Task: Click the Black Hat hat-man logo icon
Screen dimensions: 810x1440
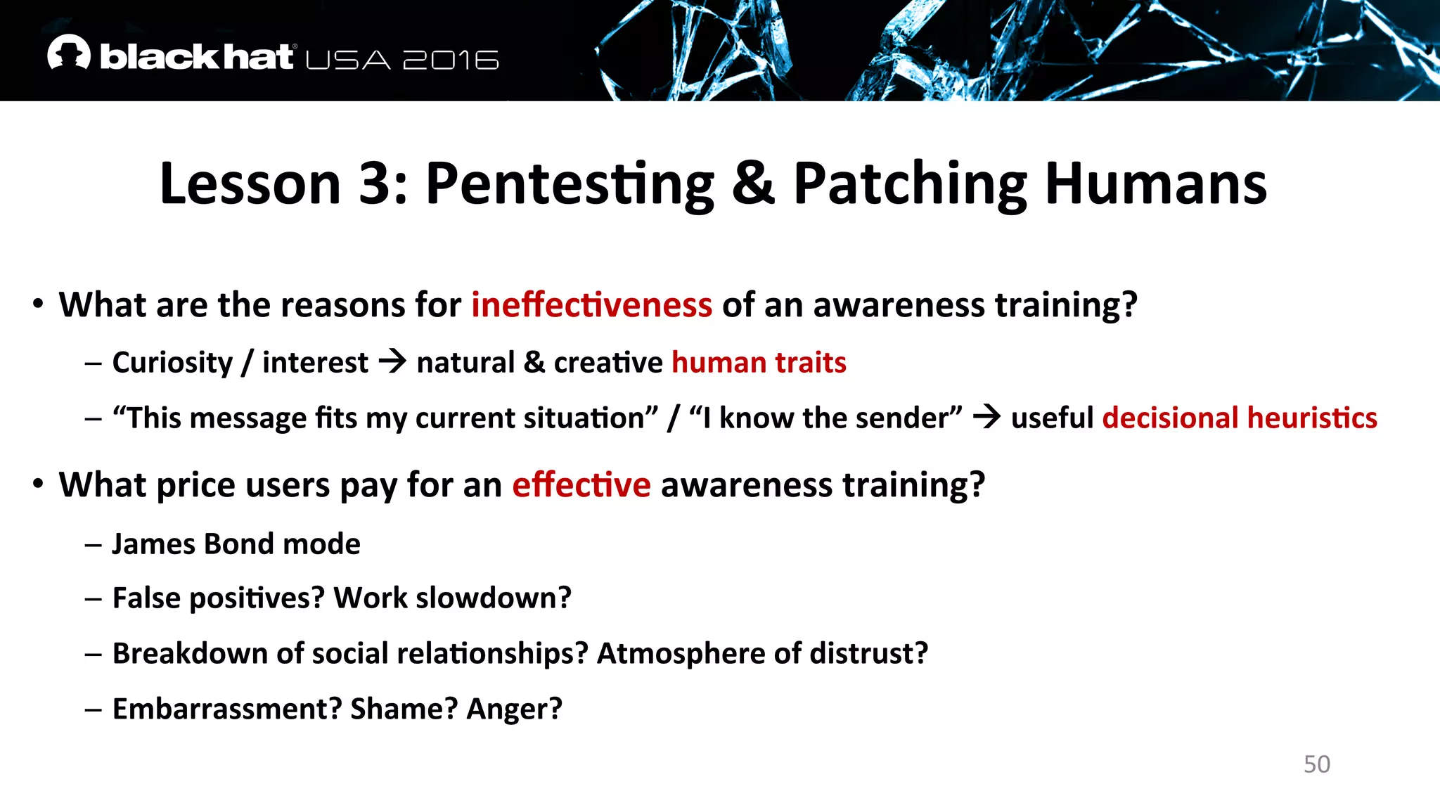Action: pyautogui.click(x=69, y=53)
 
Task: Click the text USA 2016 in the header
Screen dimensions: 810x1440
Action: pyautogui.click(x=402, y=60)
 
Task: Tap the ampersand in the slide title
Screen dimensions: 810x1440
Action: pyautogui.click(x=753, y=184)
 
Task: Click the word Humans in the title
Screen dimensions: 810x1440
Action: pyautogui.click(x=1156, y=184)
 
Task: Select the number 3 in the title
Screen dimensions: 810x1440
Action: pyautogui.click(x=375, y=184)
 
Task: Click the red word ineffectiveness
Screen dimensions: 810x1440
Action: pyautogui.click(x=591, y=305)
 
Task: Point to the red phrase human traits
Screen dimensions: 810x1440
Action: pyautogui.click(x=759, y=363)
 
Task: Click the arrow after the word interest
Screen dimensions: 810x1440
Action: pyautogui.click(x=392, y=362)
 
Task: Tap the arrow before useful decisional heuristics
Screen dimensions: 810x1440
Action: pyautogui.click(x=986, y=417)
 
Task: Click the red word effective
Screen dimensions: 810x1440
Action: pyautogui.click(x=581, y=485)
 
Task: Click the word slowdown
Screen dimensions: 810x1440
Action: pyautogui.click(x=494, y=598)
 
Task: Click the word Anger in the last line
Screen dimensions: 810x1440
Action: pyautogui.click(x=514, y=709)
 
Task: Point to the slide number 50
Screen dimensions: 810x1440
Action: pyautogui.click(x=1316, y=764)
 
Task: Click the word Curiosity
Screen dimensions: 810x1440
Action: pyautogui.click(x=172, y=363)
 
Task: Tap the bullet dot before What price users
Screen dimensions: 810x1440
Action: pyautogui.click(x=38, y=484)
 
